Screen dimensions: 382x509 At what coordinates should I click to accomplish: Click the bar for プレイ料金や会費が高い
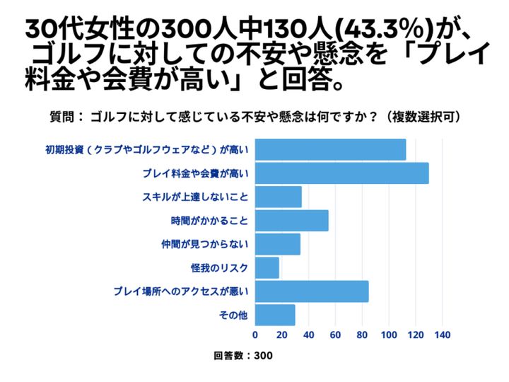click(341, 173)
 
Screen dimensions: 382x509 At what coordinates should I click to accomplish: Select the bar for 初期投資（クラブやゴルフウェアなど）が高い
click(330, 150)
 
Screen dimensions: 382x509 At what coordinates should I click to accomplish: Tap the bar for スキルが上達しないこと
click(278, 197)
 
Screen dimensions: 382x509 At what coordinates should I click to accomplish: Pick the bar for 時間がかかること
click(291, 221)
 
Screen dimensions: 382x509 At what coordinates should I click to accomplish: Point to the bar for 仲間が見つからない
click(277, 244)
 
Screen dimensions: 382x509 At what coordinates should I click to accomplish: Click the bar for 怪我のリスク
click(267, 267)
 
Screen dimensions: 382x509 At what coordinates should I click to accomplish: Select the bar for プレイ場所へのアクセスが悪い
click(311, 291)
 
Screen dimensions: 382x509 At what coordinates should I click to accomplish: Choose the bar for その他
click(275, 315)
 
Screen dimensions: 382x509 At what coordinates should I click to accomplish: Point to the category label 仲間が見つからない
click(206, 245)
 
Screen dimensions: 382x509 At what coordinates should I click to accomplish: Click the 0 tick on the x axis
click(255, 335)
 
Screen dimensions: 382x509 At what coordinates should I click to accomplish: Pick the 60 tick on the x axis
click(335, 335)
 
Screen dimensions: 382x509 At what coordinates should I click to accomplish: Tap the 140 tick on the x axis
click(443, 335)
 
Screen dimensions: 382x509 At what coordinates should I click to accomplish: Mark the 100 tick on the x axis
click(389, 335)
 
